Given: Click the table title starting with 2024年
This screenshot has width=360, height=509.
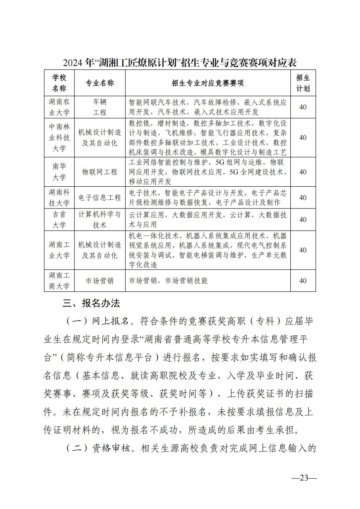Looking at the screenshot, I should click(180, 63).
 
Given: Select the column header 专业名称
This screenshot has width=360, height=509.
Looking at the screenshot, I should click(100, 83).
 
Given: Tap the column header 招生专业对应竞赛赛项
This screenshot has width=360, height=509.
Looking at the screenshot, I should click(208, 83).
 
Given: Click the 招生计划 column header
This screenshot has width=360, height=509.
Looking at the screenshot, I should click(303, 83).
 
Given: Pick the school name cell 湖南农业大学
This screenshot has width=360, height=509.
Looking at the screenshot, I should click(59, 107).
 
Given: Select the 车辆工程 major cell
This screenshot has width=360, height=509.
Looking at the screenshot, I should click(99, 107).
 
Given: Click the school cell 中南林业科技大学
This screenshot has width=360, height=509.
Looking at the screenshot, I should click(59, 137).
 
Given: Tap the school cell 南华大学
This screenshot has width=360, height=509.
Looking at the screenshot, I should click(59, 172).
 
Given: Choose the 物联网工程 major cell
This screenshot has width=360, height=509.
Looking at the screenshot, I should click(100, 172).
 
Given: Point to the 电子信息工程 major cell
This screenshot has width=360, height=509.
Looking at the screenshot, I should click(100, 198).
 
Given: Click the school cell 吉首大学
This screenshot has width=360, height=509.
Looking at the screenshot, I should click(59, 219).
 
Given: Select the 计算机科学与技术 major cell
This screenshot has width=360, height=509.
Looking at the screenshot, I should click(99, 219).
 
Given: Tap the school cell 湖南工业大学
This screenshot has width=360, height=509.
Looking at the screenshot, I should click(59, 250).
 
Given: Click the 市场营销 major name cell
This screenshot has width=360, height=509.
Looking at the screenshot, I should click(100, 281).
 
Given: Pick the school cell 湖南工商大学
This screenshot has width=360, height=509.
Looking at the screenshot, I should click(59, 281).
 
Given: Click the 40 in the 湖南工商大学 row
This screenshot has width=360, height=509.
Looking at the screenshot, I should click(303, 281).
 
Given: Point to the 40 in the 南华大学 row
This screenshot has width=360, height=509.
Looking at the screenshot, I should click(303, 172).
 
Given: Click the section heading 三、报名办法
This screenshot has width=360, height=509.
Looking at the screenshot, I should click(91, 303).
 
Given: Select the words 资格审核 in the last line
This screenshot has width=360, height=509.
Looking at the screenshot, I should click(107, 449).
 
